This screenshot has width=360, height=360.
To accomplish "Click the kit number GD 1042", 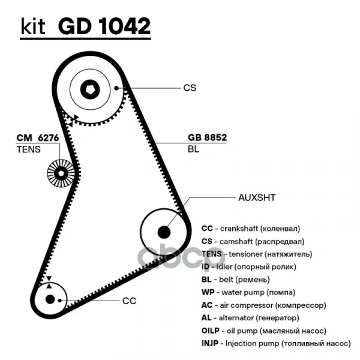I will coord(104,26).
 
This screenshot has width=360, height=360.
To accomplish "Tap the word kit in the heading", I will coord(34,27).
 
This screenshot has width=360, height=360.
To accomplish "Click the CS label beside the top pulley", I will coord(190,88).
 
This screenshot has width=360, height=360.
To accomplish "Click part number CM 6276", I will coord(37,137).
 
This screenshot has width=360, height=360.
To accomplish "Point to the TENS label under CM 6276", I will coord(28,149).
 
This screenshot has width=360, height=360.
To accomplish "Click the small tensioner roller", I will coord(60,174).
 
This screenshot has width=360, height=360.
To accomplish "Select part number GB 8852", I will coord(207,137).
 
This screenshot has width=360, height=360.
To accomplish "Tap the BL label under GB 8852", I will coord(193,149).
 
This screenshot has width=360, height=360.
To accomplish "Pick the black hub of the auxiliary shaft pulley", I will coord(163,230).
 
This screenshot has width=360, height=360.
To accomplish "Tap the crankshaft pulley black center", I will coord(49,299).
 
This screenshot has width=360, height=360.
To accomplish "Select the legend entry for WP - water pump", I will coord(248,292).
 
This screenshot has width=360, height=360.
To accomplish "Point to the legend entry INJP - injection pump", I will coord(275,343).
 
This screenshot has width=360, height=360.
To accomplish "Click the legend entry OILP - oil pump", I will coord(263,331).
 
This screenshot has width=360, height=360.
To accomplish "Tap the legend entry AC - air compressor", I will coord(263,305).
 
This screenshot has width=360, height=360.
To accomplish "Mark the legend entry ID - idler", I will coord(248,266).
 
